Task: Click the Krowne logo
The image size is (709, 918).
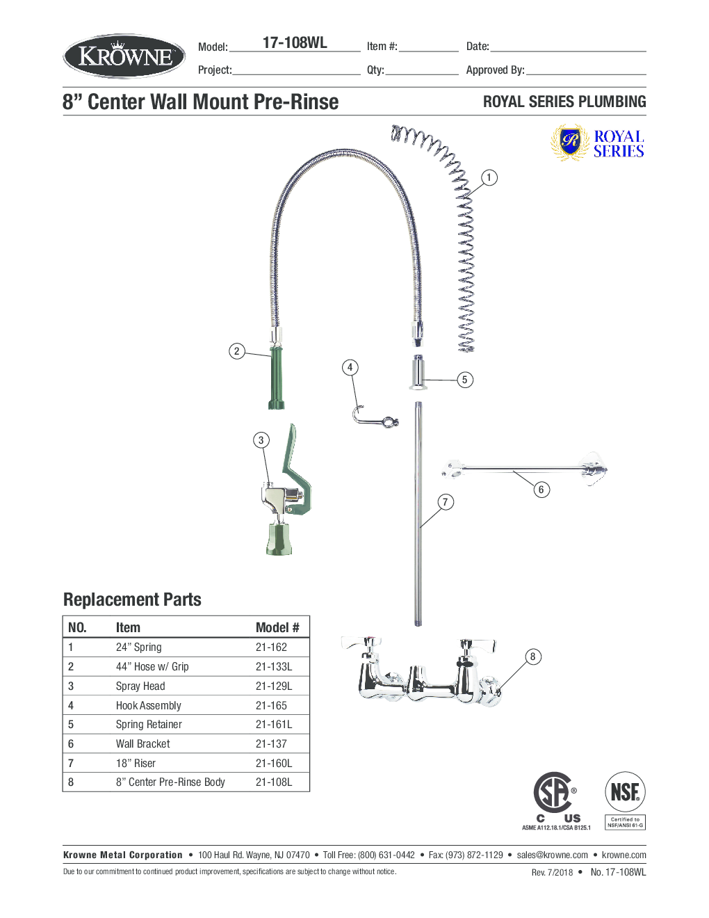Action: tap(124, 56)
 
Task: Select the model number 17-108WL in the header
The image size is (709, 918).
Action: tap(295, 43)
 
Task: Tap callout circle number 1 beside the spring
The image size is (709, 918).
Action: tap(489, 177)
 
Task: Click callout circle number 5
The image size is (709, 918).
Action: tap(464, 380)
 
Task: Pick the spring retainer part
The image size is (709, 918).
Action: tap(418, 372)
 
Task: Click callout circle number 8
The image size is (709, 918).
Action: tap(532, 657)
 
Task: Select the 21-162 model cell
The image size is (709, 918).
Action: tap(271, 647)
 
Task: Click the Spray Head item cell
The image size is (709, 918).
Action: tap(140, 686)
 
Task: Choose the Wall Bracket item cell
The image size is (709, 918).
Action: tap(142, 744)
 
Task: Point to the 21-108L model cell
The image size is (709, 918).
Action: tap(274, 782)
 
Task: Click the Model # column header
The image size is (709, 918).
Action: tap(277, 627)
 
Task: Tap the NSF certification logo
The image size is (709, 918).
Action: tap(625, 793)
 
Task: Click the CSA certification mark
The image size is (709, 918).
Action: tap(554, 793)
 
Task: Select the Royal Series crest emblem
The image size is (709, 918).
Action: tap(570, 143)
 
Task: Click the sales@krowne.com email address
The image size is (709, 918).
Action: tap(552, 855)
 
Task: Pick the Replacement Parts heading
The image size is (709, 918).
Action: tap(132, 599)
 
